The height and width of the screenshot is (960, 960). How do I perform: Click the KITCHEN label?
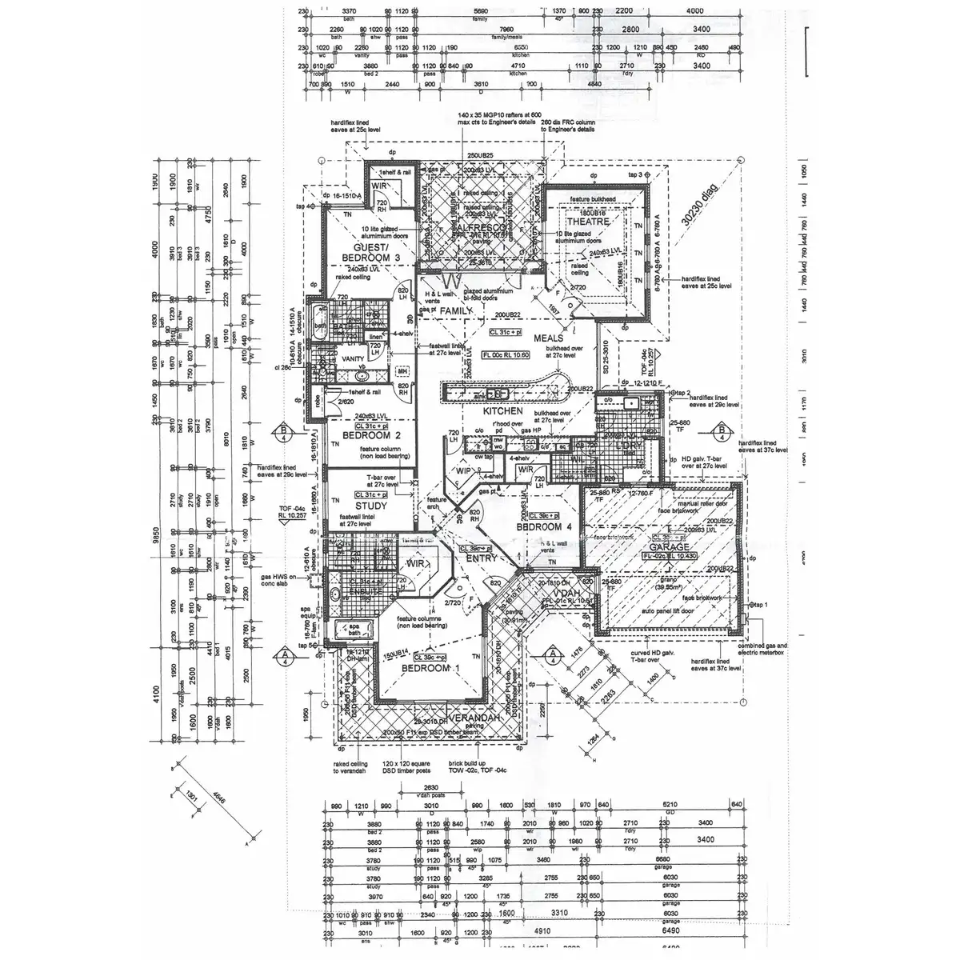(502, 411)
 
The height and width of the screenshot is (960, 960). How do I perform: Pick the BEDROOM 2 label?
(371, 436)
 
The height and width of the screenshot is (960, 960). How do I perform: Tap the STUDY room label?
(370, 506)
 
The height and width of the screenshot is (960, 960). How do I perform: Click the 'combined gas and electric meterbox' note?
(765, 650)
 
